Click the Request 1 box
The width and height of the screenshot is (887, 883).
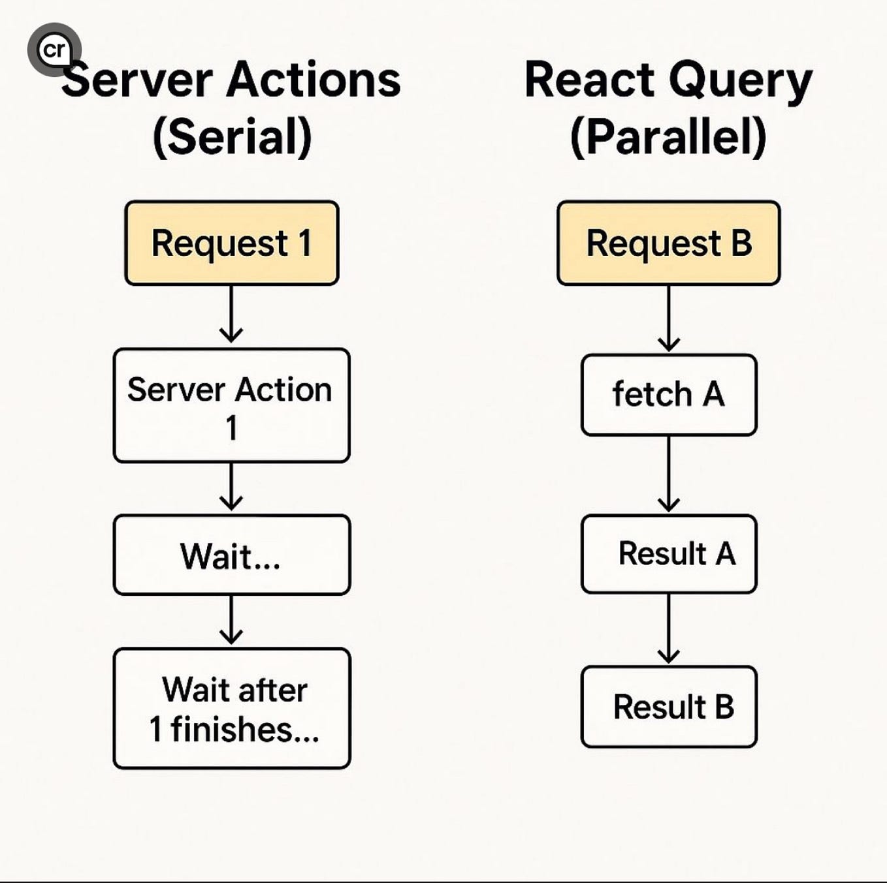tap(231, 243)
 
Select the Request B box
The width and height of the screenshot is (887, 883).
tap(668, 243)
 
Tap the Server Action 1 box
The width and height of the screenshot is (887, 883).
tap(231, 405)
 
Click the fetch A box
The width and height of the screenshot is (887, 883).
tap(668, 395)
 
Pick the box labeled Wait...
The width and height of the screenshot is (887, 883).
tap(231, 555)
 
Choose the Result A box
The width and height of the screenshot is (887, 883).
tap(668, 553)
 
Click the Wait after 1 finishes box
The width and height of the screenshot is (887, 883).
tap(231, 708)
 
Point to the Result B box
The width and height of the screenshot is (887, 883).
tap(668, 707)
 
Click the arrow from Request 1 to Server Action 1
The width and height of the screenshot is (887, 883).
tap(231, 315)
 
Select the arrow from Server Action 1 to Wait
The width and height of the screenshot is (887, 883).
tap(231, 488)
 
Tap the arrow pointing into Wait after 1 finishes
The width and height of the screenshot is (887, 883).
tap(231, 621)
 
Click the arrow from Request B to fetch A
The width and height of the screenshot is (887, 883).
tap(668, 319)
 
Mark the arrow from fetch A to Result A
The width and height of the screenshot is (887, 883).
tap(668, 474)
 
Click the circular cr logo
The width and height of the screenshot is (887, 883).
tap(54, 50)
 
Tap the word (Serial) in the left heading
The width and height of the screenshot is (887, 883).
tap(232, 137)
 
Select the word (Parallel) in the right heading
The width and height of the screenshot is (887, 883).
tap(668, 137)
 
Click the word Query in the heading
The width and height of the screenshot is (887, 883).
tap(741, 81)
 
